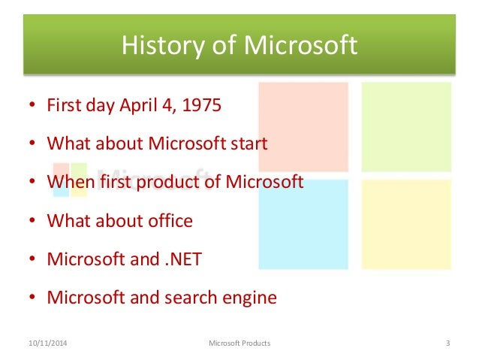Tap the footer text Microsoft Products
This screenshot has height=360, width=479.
238,343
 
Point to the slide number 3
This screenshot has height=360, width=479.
447,343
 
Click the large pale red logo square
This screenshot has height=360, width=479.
303,127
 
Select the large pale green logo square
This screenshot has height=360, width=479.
406,127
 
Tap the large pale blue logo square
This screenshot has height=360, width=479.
303,224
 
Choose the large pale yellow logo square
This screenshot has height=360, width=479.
406,224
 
